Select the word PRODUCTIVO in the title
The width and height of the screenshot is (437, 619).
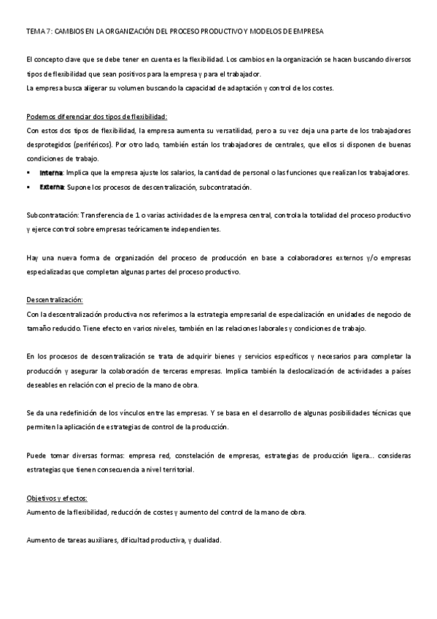point(217,32)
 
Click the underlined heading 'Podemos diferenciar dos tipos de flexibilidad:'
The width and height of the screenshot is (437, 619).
point(96,117)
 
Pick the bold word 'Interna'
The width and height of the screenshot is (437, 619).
point(51,173)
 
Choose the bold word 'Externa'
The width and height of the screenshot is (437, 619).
point(52,187)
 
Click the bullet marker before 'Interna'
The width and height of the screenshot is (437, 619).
point(30,173)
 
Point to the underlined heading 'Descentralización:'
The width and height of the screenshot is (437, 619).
point(55,300)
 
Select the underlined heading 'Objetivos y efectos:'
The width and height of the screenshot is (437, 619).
point(57,498)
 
